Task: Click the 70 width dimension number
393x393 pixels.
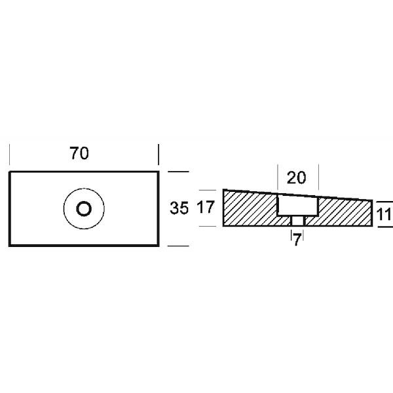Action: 79,153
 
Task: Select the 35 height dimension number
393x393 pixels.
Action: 179,208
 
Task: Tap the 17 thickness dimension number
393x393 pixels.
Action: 206,207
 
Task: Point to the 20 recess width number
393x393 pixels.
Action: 296,178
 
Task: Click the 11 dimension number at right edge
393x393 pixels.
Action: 384,215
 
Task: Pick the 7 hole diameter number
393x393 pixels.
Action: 297,240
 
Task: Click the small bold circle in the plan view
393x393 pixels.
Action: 84,208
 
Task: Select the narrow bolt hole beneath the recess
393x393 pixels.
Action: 297,221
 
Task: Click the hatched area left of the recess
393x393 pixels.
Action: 251,208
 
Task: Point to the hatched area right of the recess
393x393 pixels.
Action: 345,212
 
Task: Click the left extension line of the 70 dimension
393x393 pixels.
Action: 10,155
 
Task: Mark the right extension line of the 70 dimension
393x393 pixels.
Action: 159,155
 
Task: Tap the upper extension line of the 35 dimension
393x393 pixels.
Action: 178,172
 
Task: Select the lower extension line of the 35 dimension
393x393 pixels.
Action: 178,246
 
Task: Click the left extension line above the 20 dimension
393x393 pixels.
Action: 278,177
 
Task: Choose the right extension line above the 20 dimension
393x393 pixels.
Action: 318,177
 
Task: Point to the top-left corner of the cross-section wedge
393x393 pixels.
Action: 223,190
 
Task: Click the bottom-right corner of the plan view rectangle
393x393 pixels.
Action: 159,246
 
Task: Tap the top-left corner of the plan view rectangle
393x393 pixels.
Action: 10,172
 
